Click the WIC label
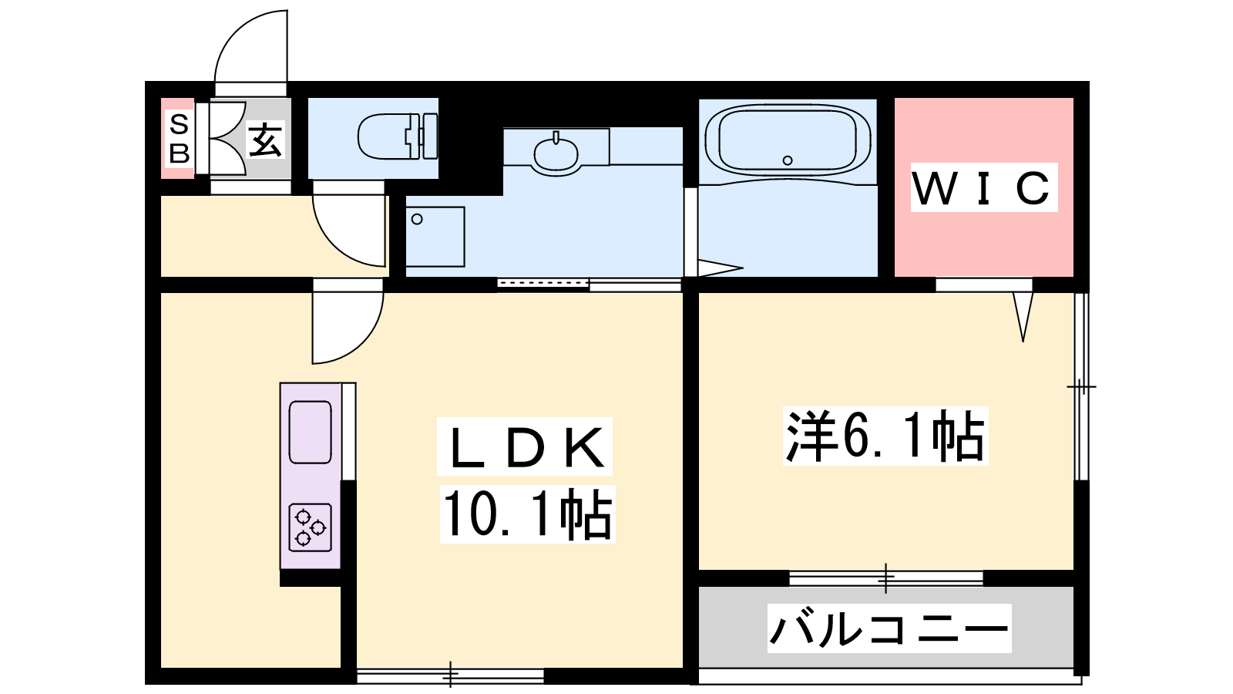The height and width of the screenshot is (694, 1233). click(x=983, y=188)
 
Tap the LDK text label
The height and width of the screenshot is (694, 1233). click(x=525, y=446)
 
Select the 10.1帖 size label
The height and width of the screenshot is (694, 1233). click(x=527, y=514)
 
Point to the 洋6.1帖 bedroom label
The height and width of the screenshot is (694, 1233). click(x=885, y=435)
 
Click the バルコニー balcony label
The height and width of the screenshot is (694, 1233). click(x=889, y=628)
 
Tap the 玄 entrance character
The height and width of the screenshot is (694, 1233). click(x=266, y=140)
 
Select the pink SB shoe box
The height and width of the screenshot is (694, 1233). click(x=178, y=138)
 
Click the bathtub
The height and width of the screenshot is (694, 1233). click(x=787, y=141)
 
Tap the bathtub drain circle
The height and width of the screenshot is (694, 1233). click(x=788, y=160)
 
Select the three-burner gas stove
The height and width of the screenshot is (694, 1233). click(x=311, y=527)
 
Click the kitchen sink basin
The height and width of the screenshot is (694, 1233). click(x=310, y=433)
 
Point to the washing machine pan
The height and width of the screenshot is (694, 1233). click(x=435, y=237)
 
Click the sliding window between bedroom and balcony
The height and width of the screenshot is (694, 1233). click(x=885, y=578)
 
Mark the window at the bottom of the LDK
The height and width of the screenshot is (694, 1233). click(x=450, y=675)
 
